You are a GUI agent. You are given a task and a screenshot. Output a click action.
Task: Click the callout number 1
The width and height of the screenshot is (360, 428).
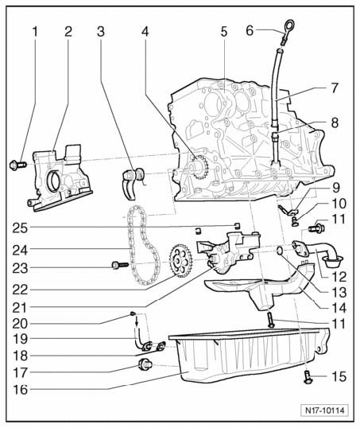(x=35, y=32)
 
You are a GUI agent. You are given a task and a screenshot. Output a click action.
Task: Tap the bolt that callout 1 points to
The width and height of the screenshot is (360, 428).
(x=17, y=165)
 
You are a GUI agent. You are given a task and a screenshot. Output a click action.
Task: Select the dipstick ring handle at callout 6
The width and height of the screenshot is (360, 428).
(x=288, y=27)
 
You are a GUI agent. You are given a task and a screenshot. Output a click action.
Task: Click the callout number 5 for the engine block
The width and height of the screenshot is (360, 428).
(x=223, y=32)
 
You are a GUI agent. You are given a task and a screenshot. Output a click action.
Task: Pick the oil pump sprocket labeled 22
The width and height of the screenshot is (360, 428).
(x=181, y=260)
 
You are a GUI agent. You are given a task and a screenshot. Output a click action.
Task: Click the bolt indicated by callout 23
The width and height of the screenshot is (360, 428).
(x=120, y=264)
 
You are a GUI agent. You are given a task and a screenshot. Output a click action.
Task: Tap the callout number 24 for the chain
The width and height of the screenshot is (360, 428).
(x=20, y=250)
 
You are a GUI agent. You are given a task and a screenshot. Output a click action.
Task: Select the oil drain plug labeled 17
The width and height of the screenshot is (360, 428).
(x=145, y=364)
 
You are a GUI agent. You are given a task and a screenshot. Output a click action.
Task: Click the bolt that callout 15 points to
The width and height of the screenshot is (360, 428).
(x=308, y=378)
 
